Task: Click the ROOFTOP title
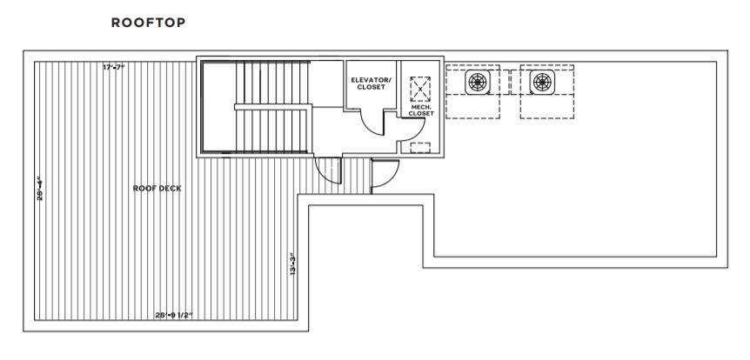[x=148, y=23]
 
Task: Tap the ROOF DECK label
[x=157, y=188]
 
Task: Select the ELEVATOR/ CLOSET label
[x=371, y=84]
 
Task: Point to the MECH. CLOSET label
[x=421, y=111]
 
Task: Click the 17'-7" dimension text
[x=114, y=67]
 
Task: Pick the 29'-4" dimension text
[x=39, y=190]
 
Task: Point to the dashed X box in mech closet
[x=420, y=88]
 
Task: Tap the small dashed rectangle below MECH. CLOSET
[x=420, y=147]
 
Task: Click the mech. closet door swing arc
[x=405, y=130]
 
